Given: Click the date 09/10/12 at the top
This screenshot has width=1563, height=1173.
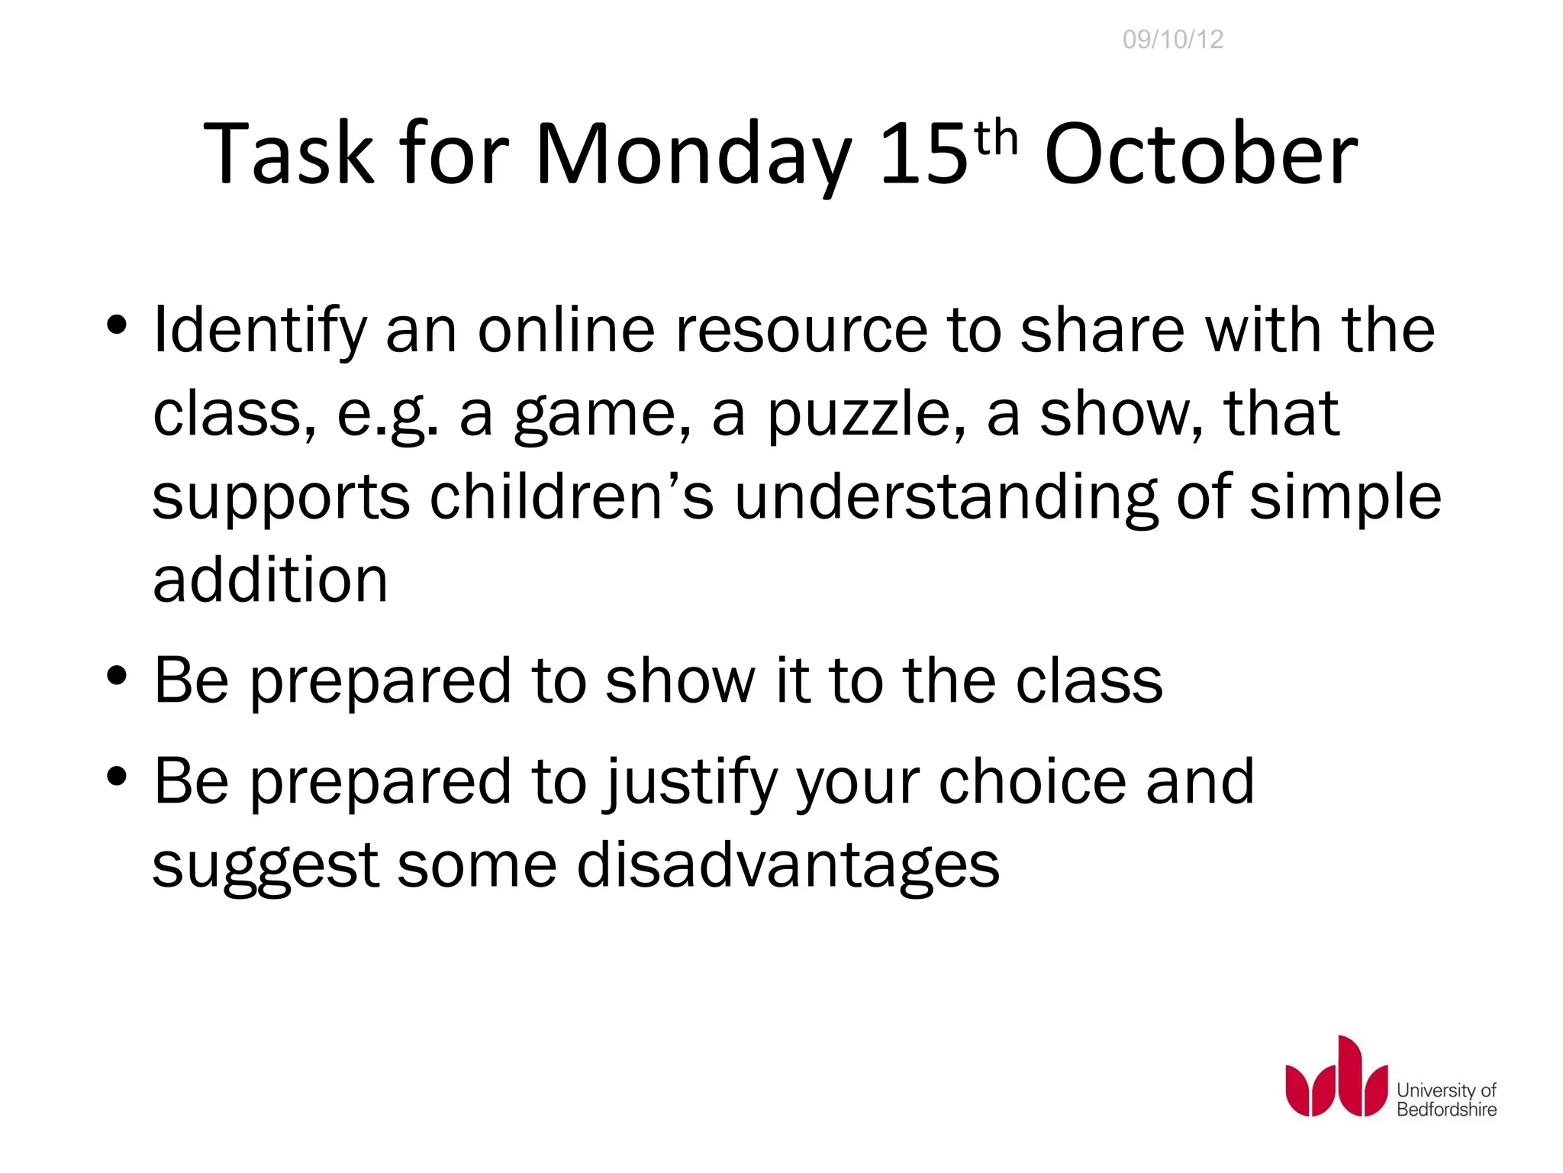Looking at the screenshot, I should pyautogui.click(x=1173, y=39).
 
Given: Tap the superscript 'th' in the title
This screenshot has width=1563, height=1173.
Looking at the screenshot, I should pyautogui.click(x=997, y=140).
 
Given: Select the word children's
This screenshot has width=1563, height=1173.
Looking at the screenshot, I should pyautogui.click(x=571, y=497).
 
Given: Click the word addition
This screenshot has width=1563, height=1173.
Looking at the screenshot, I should pyautogui.click(x=270, y=580).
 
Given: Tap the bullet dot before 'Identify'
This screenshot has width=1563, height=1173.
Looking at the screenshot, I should pyautogui.click(x=117, y=325).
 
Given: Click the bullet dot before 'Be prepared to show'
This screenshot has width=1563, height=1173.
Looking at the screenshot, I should pyautogui.click(x=117, y=676).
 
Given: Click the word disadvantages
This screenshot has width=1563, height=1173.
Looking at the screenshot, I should pyautogui.click(x=788, y=865).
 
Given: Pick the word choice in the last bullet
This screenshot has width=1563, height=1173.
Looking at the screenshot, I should pyautogui.click(x=1032, y=782).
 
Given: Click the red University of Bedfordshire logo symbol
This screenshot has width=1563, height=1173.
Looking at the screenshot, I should pyautogui.click(x=1336, y=1076).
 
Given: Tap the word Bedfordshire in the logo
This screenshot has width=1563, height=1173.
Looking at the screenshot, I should pyautogui.click(x=1446, y=1109).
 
